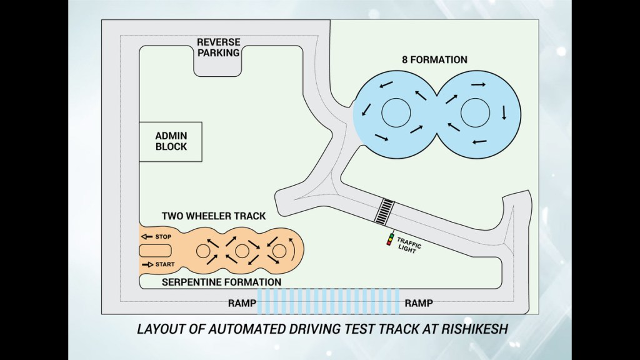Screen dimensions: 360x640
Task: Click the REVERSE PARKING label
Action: (x=218, y=47)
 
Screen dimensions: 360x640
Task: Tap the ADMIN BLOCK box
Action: (x=171, y=141)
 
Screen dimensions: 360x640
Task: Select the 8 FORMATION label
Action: (x=435, y=60)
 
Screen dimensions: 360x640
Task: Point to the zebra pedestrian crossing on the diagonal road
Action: (x=384, y=211)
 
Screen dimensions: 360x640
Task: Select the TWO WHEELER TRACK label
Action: (x=214, y=216)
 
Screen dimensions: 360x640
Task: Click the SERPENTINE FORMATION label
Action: (x=221, y=282)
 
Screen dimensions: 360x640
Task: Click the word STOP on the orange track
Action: (x=162, y=237)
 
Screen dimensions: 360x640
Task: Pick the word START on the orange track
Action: (x=165, y=265)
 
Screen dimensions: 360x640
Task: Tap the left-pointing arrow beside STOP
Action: (x=147, y=237)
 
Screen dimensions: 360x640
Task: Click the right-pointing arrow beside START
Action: (x=147, y=265)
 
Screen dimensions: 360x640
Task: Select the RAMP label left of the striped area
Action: (x=241, y=303)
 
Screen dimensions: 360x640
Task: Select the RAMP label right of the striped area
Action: (x=418, y=303)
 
